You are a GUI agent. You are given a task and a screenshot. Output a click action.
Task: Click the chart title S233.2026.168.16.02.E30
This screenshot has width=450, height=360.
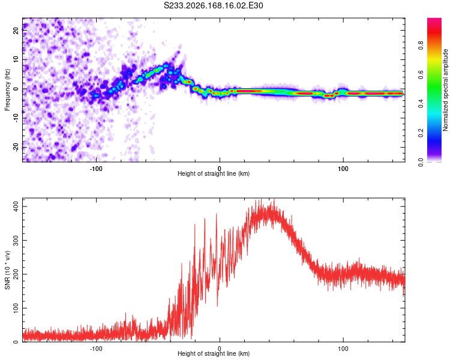(213, 5)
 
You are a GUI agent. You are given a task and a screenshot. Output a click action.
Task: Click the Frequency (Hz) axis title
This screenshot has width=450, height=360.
(7, 90)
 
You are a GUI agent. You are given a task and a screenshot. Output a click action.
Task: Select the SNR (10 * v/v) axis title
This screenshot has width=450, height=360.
(7, 270)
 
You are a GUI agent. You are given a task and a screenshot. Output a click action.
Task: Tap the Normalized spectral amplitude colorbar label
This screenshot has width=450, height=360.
(445, 90)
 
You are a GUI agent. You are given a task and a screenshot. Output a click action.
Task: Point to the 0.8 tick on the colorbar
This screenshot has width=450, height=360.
(421, 46)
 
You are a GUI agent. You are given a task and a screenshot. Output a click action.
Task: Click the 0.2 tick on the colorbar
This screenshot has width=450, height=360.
(421, 133)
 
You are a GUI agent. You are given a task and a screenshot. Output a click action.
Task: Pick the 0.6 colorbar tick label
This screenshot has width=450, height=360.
(421, 74)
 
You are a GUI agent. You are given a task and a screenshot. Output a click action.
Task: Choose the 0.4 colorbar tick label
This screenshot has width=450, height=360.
(421, 104)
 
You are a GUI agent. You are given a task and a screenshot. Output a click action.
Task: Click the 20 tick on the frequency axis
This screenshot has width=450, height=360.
(16, 30)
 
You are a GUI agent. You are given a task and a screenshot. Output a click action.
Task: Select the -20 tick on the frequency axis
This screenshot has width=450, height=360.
(16, 148)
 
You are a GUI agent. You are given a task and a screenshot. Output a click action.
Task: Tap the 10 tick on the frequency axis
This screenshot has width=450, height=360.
(16, 59)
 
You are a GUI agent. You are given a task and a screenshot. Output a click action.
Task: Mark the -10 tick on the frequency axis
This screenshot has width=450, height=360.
(16, 118)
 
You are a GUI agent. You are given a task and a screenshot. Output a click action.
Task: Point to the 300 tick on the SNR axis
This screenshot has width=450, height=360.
(16, 240)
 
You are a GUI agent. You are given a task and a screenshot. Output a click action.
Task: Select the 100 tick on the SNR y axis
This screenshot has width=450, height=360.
(16, 308)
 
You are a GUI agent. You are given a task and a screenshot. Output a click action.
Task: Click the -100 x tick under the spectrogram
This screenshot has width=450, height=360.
(96, 169)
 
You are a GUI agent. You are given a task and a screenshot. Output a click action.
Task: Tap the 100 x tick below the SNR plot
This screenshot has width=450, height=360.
(343, 349)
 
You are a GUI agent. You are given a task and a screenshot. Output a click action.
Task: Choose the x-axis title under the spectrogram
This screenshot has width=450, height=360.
(214, 173)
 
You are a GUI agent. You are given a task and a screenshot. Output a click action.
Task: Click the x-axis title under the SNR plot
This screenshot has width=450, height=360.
(214, 353)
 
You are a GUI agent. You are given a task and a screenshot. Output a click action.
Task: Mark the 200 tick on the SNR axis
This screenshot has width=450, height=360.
(16, 274)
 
